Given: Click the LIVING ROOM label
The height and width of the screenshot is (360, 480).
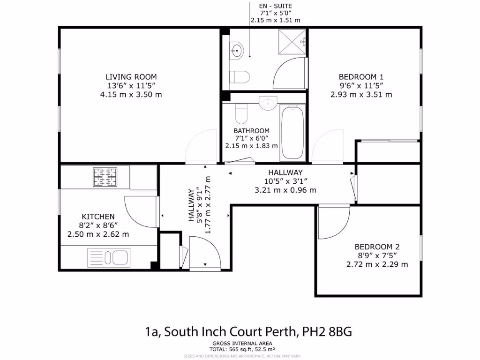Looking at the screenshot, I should tap(131, 77).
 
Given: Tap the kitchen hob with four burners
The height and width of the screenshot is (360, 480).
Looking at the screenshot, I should tap(105, 177).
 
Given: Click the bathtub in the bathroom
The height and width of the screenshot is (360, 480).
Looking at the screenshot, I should tap(292, 132).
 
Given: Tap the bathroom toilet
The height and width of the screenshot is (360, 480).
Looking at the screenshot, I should tap(241, 112).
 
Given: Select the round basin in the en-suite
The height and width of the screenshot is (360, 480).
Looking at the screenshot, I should tap(237, 50).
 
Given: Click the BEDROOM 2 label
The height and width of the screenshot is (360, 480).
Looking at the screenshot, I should tap(377, 247).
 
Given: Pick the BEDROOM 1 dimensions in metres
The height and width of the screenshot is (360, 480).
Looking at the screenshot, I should tap(361, 94).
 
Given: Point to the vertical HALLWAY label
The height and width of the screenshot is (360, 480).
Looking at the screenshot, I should tap(191, 204).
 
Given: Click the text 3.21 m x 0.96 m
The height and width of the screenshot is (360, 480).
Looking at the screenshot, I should tap(285, 190).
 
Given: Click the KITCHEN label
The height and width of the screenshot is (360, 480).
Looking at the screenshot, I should tap(98, 217).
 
